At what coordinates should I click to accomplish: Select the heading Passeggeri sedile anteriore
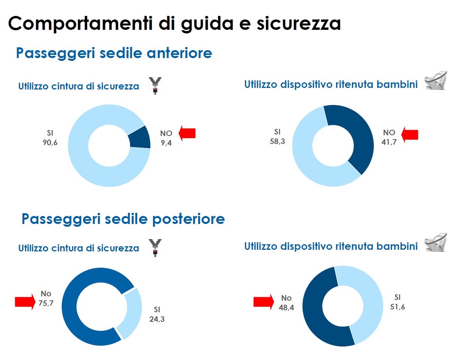pyautogui.click(x=114, y=53)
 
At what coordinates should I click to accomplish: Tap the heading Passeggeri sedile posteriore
pyautogui.click(x=123, y=219)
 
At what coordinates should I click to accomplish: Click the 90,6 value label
pyautogui.click(x=50, y=143)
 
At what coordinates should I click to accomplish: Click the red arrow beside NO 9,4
pyautogui.click(x=187, y=132)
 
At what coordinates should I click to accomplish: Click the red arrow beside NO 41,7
pyautogui.click(x=410, y=134)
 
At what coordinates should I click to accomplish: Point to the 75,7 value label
pyautogui.click(x=46, y=303)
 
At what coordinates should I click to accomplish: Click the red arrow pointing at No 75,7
pyautogui.click(x=25, y=302)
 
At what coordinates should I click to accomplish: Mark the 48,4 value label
pyautogui.click(x=286, y=307)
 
